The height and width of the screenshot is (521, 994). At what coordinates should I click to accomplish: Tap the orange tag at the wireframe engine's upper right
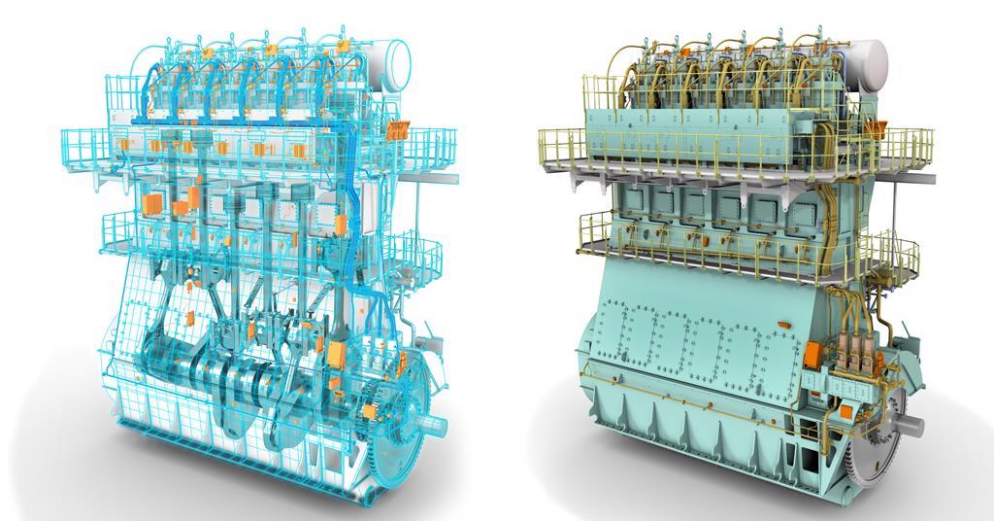(397, 128)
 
